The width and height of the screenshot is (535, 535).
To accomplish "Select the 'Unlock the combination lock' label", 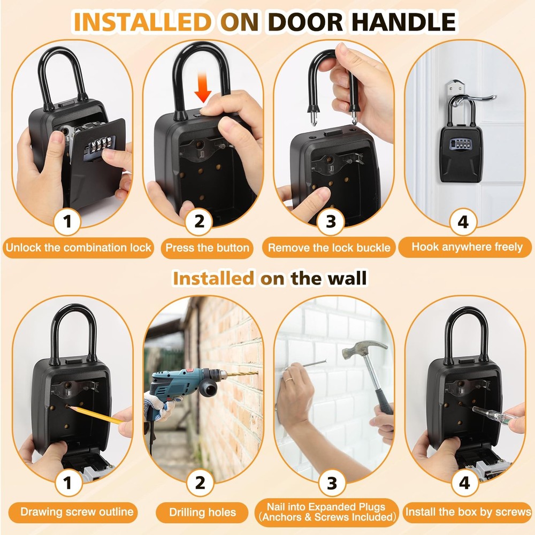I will click(78, 248).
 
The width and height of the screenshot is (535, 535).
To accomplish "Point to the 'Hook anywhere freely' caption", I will click(467, 247).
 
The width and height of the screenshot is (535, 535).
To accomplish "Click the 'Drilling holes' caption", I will click(202, 512).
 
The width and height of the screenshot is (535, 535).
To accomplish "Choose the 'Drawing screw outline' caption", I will click(77, 511).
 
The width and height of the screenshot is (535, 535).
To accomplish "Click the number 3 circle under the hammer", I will click(332, 483).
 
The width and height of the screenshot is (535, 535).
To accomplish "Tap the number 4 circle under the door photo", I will click(463, 221).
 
